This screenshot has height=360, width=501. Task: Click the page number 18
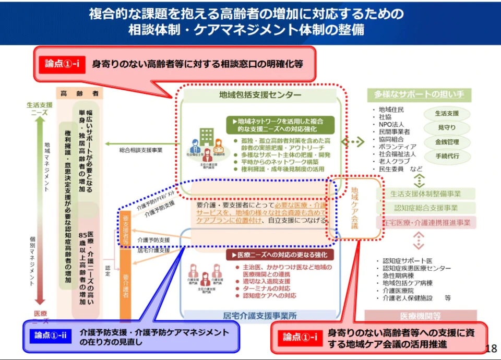(491, 349)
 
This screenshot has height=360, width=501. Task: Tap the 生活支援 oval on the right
(446, 114)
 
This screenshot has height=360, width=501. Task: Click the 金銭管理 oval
(446, 142)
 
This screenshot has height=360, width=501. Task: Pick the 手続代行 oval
(446, 156)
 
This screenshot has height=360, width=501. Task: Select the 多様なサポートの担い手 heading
(419, 95)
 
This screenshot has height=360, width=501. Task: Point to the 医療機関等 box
(420, 316)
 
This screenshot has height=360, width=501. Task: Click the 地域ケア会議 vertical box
(355, 208)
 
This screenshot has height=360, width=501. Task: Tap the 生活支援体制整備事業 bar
(425, 194)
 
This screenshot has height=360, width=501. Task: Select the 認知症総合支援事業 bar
(425, 208)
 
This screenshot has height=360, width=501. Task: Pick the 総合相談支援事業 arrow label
(141, 150)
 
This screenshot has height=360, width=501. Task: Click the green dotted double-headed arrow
(353, 142)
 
